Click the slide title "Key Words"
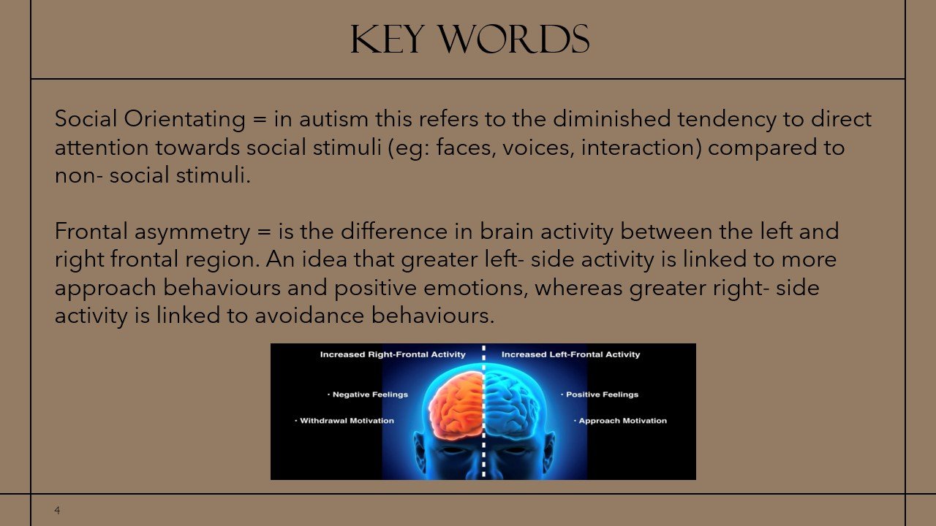469,39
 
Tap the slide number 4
57,511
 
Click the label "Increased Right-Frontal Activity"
393,354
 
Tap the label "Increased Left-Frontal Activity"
570,354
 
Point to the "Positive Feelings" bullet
601,394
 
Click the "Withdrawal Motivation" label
347,421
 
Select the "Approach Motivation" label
622,421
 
